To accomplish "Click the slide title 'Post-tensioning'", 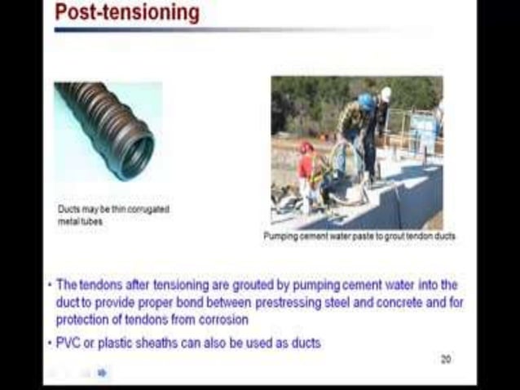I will pyautogui.click(x=126, y=12).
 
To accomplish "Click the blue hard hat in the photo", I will pyautogui.click(x=366, y=101).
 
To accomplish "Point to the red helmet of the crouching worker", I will pyautogui.click(x=306, y=148).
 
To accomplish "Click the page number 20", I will pyautogui.click(x=446, y=359).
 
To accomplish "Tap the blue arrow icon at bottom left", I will pyautogui.click(x=102, y=373).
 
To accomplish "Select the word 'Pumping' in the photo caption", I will pyautogui.click(x=281, y=236).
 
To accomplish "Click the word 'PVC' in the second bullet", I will pyautogui.click(x=68, y=343).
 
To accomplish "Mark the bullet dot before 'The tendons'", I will pyautogui.click(x=50, y=285).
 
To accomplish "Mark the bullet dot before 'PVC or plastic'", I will pyautogui.click(x=50, y=343).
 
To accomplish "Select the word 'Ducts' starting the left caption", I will pyautogui.click(x=68, y=209).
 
